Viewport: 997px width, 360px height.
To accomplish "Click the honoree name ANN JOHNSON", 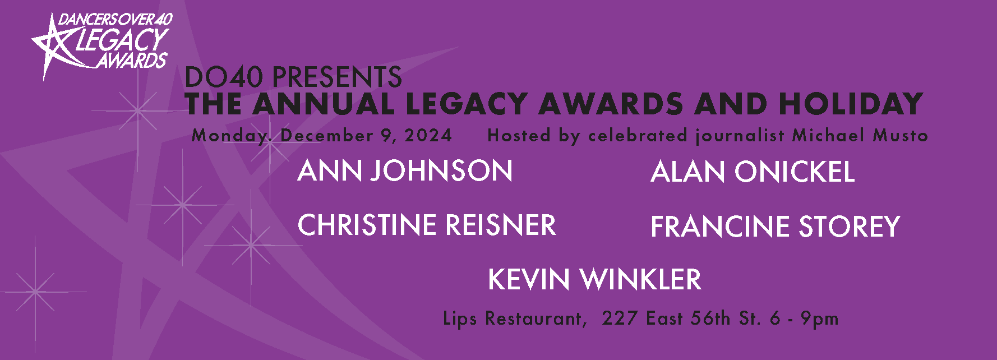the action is pyautogui.click(x=405, y=171).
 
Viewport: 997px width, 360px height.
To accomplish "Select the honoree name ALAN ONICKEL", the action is pyautogui.click(x=753, y=172).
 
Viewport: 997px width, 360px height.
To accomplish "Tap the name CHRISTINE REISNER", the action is pyautogui.click(x=427, y=225).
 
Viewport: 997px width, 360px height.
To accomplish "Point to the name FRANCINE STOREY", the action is pyautogui.click(x=775, y=227).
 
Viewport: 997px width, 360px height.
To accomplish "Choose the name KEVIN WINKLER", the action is pyautogui.click(x=594, y=279).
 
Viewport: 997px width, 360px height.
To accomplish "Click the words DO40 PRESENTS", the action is pyautogui.click(x=293, y=77).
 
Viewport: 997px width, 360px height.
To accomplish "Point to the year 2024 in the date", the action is pyautogui.click(x=428, y=135).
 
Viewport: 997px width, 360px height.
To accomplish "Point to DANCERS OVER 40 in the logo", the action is pyautogui.click(x=115, y=20).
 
